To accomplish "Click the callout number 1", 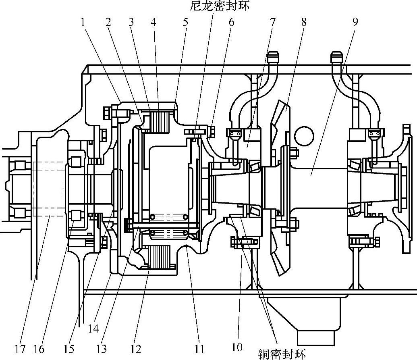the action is tap(83, 22).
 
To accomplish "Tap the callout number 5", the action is tap(185, 22).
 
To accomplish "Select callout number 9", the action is tap(355, 22).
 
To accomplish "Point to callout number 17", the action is tap(20, 349).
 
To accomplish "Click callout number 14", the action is tap(93, 329).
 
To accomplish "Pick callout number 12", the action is tap(136, 349).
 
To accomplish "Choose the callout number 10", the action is tap(237, 347).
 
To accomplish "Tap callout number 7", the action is tap(273, 22).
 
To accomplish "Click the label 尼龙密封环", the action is tap(220, 6).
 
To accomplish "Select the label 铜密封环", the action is tap(282, 354).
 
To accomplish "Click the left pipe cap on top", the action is tap(273, 57).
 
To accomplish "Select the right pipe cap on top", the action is tap(337, 57).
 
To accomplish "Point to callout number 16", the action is tap(39, 349).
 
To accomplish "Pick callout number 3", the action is tap(131, 22).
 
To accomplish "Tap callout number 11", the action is tap(199, 349).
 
